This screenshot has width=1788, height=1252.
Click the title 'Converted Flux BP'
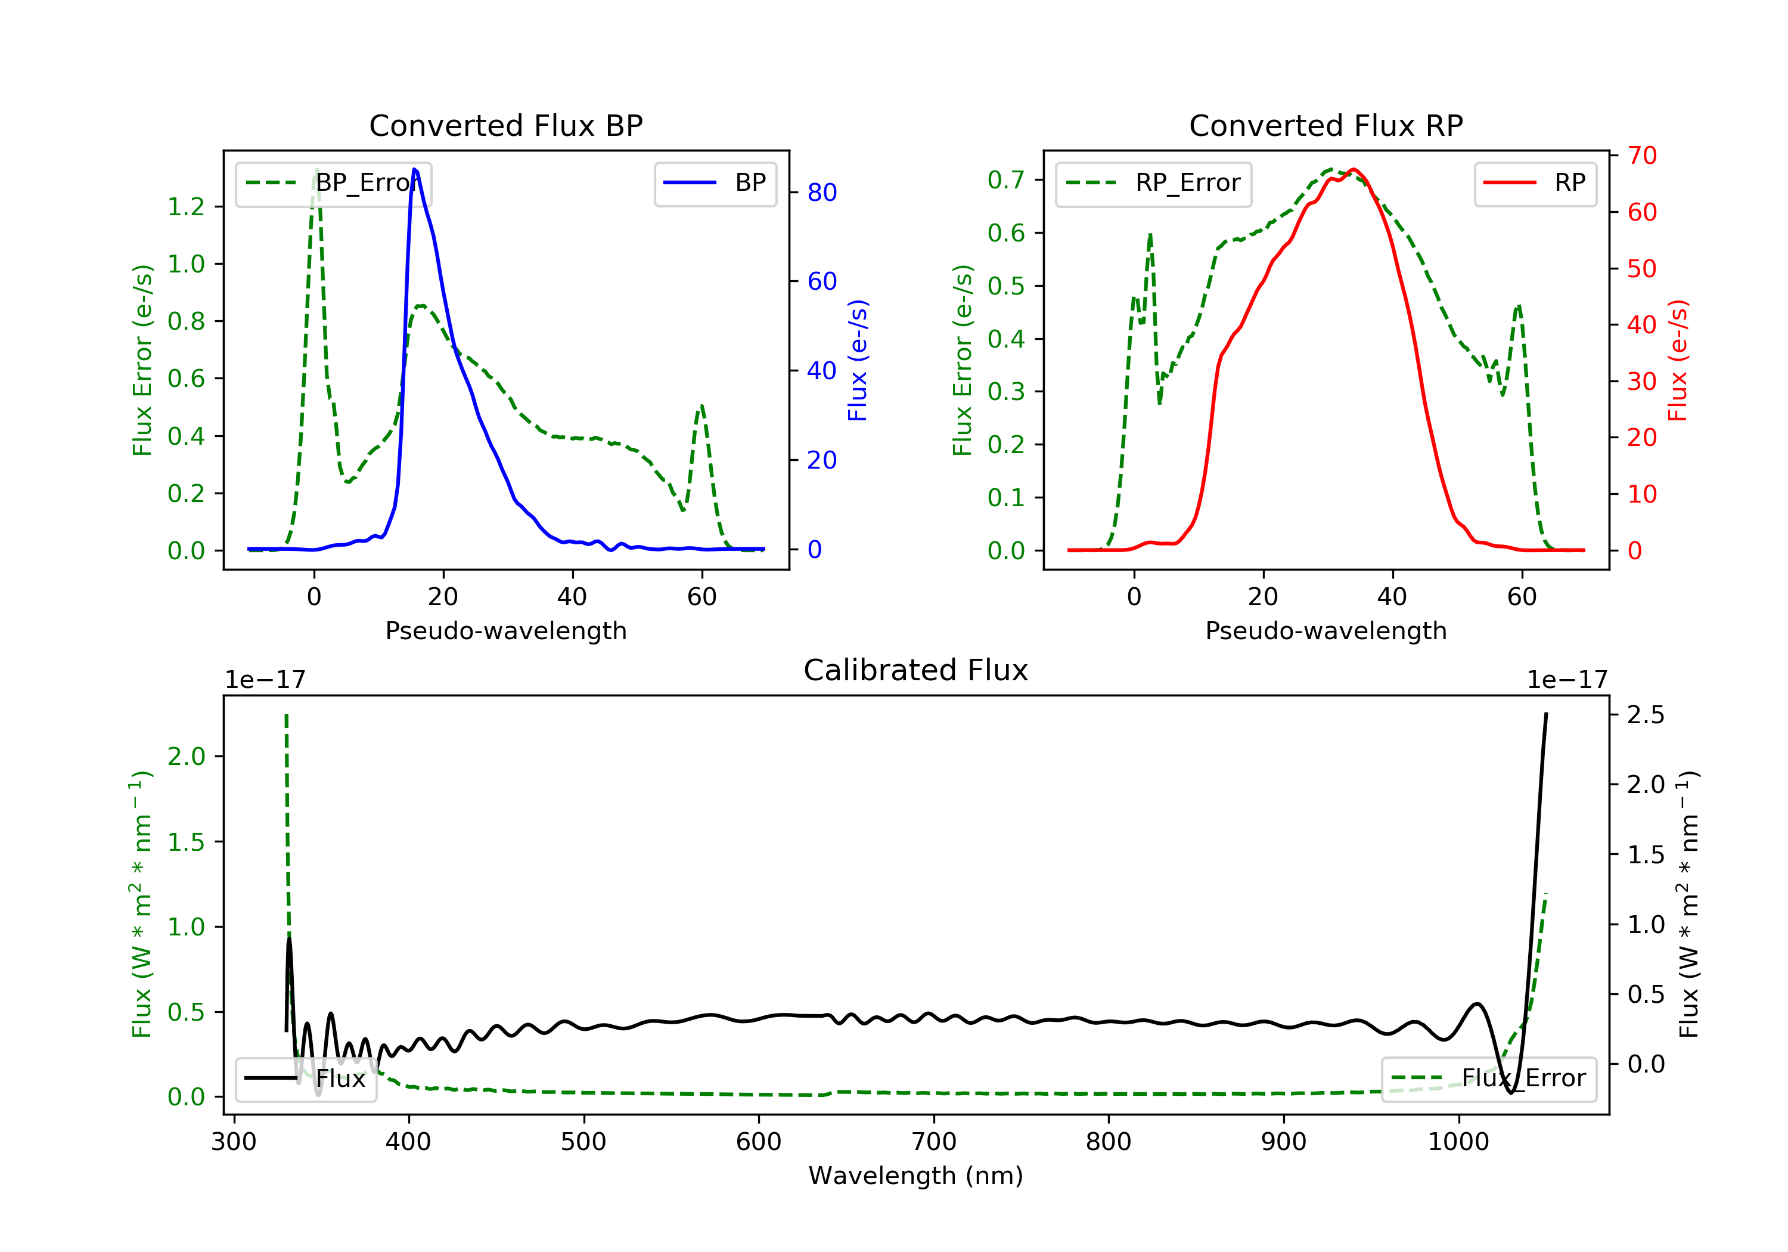click(x=505, y=125)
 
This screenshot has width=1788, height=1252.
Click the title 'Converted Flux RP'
click(x=1326, y=125)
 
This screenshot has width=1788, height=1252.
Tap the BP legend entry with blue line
click(x=716, y=183)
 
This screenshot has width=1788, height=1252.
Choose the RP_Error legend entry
click(x=1153, y=183)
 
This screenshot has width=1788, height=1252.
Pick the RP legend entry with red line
click(x=1535, y=183)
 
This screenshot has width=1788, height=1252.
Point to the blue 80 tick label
click(x=821, y=193)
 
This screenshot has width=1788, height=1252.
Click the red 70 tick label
click(x=1641, y=156)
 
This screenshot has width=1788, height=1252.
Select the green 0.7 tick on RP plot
click(x=1005, y=180)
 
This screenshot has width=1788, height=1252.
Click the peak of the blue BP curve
click(x=414, y=169)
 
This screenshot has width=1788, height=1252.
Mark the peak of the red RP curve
click(x=1354, y=169)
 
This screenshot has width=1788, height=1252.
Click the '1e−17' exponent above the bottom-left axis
click(x=265, y=680)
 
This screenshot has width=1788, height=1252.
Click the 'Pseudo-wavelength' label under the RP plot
click(x=1326, y=630)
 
